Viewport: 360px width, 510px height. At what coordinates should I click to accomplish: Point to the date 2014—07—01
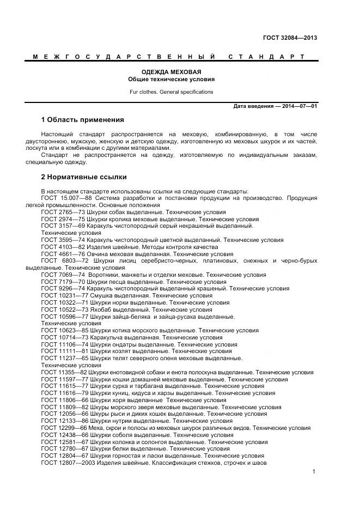300,106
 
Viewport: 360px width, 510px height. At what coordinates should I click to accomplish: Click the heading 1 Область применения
83,120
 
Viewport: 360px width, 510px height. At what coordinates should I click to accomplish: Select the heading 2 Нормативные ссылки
84,177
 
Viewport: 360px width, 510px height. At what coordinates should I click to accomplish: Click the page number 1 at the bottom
314,471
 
